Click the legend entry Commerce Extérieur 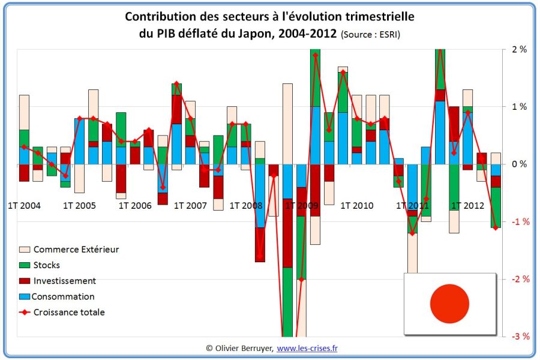(76, 249)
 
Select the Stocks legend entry (47, 265)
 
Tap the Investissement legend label (64, 280)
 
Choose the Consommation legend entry (63, 296)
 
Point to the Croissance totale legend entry (68, 312)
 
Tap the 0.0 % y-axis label (518, 164)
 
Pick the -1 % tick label (518, 221)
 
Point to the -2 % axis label (518, 279)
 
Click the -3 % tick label (518, 336)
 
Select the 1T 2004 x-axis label (24, 206)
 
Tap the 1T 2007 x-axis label (190, 206)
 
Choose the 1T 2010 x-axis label (356, 206)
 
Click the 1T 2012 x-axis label (467, 206)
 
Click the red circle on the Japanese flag (449, 304)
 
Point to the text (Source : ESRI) (370, 35)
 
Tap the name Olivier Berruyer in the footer (243, 348)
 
